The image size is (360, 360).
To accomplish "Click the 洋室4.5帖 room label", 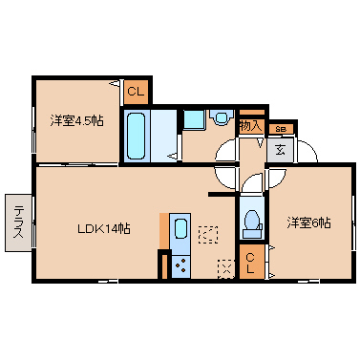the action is pyautogui.click(x=76, y=121).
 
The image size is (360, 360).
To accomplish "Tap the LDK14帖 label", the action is pyautogui.click(x=104, y=228).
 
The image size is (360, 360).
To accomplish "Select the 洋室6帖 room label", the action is pyautogui.click(x=309, y=222).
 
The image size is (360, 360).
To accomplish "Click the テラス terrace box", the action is pyautogui.click(x=18, y=222).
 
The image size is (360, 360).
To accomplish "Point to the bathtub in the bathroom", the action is pyautogui.click(x=137, y=136).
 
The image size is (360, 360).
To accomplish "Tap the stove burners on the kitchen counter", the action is pyautogui.click(x=180, y=265).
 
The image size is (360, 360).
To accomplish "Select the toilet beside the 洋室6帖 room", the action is pyautogui.click(x=253, y=223).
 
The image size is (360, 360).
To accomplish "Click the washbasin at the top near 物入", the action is pyautogui.click(x=221, y=117).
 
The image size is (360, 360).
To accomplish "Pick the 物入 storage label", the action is pyautogui.click(x=251, y=126).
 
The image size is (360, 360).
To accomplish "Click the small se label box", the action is pyautogui.click(x=281, y=129).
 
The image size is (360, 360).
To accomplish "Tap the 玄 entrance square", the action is pyautogui.click(x=281, y=150).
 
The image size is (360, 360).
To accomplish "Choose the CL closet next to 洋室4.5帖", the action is pyautogui.click(x=137, y=92).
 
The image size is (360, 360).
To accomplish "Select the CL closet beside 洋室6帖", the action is pyautogui.click(x=251, y=262).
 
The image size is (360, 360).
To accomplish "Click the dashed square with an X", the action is pyautogui.click(x=226, y=269).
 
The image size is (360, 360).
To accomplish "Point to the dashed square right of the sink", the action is pyautogui.click(x=208, y=235).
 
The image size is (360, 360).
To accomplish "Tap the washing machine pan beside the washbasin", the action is pyautogui.click(x=194, y=119).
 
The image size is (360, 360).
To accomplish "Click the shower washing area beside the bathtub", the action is pyautogui.click(x=163, y=136).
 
